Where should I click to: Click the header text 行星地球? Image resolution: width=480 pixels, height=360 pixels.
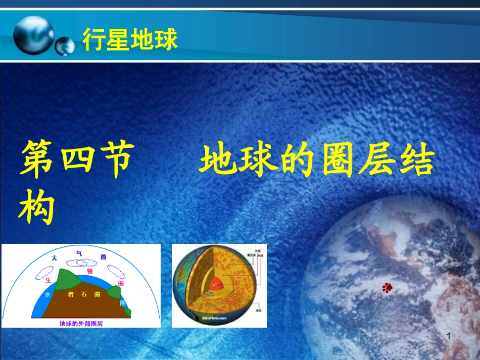tap(130, 40)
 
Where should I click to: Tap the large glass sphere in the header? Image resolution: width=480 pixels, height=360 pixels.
tap(33, 34)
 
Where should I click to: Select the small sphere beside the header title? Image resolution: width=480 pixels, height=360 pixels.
tap(64, 46)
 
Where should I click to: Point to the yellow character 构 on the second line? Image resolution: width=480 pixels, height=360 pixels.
tap(37, 208)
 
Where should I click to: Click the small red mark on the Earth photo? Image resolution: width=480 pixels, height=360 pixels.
tap(387, 288)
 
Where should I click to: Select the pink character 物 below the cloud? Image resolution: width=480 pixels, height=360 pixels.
tap(89, 271)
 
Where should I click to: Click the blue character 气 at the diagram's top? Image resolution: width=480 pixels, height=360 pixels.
tap(78, 252)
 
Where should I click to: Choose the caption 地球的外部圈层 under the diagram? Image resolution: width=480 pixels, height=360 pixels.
tap(80, 323)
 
